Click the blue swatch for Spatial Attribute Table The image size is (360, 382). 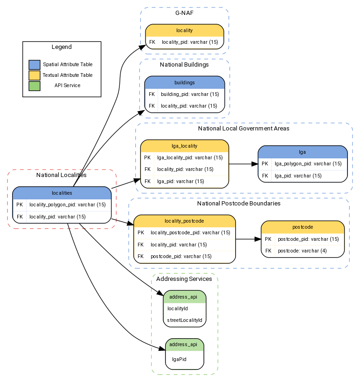pos(34,65)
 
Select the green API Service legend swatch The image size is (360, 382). pos(34,86)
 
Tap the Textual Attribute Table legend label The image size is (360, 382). pos(68,75)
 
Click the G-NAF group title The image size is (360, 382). pos(184,14)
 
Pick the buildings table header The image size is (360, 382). pos(184,82)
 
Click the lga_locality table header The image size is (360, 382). pos(184,146)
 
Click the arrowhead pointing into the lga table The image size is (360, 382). pos(255,164)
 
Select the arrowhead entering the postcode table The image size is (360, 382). pos(258,239)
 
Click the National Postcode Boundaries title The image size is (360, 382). pos(239,204)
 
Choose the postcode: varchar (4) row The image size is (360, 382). pos(302,251)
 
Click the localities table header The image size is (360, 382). pos(62,192)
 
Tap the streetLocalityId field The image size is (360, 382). pos(185,320)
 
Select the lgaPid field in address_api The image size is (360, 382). pos(180,359)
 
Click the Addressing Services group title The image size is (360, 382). pos(184,279)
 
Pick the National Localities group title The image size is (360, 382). pos(62,175)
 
